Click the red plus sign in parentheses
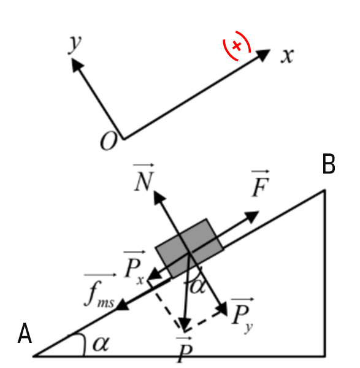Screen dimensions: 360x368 click(x=237, y=46)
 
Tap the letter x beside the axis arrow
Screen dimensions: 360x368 click(x=287, y=56)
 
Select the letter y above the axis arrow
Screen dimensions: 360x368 click(x=75, y=44)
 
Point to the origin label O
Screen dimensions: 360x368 click(x=109, y=141)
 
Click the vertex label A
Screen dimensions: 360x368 click(x=25, y=334)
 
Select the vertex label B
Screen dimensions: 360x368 click(x=329, y=164)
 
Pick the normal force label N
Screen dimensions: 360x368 click(x=144, y=177)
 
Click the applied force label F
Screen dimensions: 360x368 click(x=260, y=184)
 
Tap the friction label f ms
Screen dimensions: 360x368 click(x=100, y=291)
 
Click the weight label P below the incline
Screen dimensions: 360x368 click(x=185, y=350)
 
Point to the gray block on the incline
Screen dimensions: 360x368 click(x=190, y=248)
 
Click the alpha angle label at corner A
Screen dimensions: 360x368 click(x=101, y=344)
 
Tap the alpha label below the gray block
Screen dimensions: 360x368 click(x=197, y=287)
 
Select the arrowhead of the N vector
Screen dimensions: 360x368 click(x=159, y=197)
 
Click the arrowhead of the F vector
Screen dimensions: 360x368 click(x=251, y=217)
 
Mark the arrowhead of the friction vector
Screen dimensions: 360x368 click(x=123, y=305)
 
